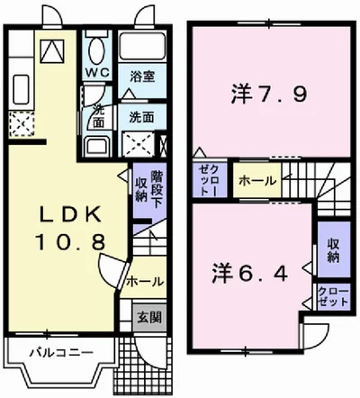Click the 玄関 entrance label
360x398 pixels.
[x=149, y=316]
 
